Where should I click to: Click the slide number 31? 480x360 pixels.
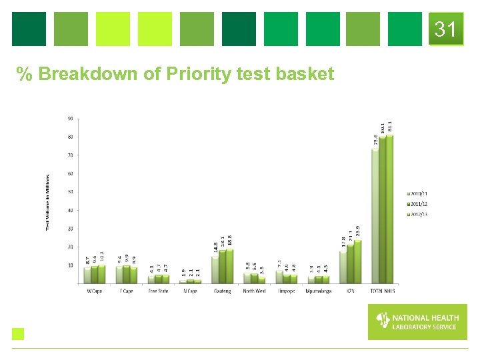445,29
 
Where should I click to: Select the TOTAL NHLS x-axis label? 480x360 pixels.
382,291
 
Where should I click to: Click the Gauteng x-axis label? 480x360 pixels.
222,291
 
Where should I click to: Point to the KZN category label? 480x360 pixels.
350,291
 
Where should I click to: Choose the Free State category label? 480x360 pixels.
158,291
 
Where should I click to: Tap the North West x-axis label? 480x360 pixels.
254,291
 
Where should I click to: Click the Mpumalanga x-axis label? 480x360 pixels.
318,291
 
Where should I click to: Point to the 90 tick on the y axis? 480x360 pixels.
70,119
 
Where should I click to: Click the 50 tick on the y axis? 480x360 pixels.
70,192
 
